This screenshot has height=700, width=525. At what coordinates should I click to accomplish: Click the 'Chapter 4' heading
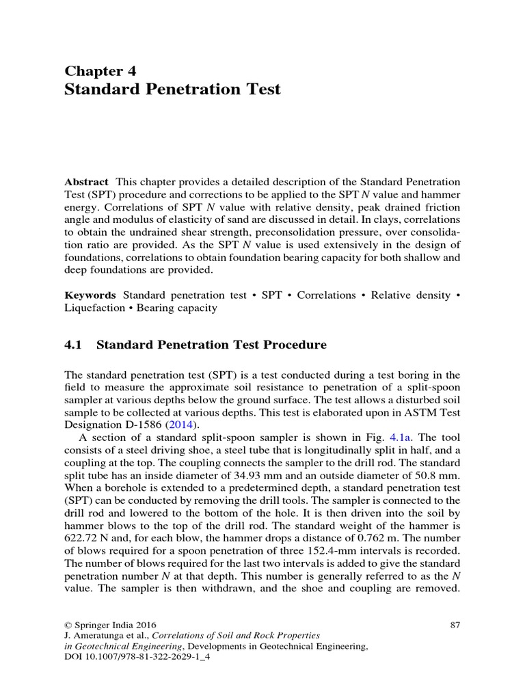(x=100, y=70)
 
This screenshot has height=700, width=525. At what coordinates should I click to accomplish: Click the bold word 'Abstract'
(x=86, y=182)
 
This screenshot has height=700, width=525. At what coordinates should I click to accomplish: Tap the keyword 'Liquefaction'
(x=93, y=308)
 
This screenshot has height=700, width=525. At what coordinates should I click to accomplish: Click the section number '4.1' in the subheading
(x=73, y=345)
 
